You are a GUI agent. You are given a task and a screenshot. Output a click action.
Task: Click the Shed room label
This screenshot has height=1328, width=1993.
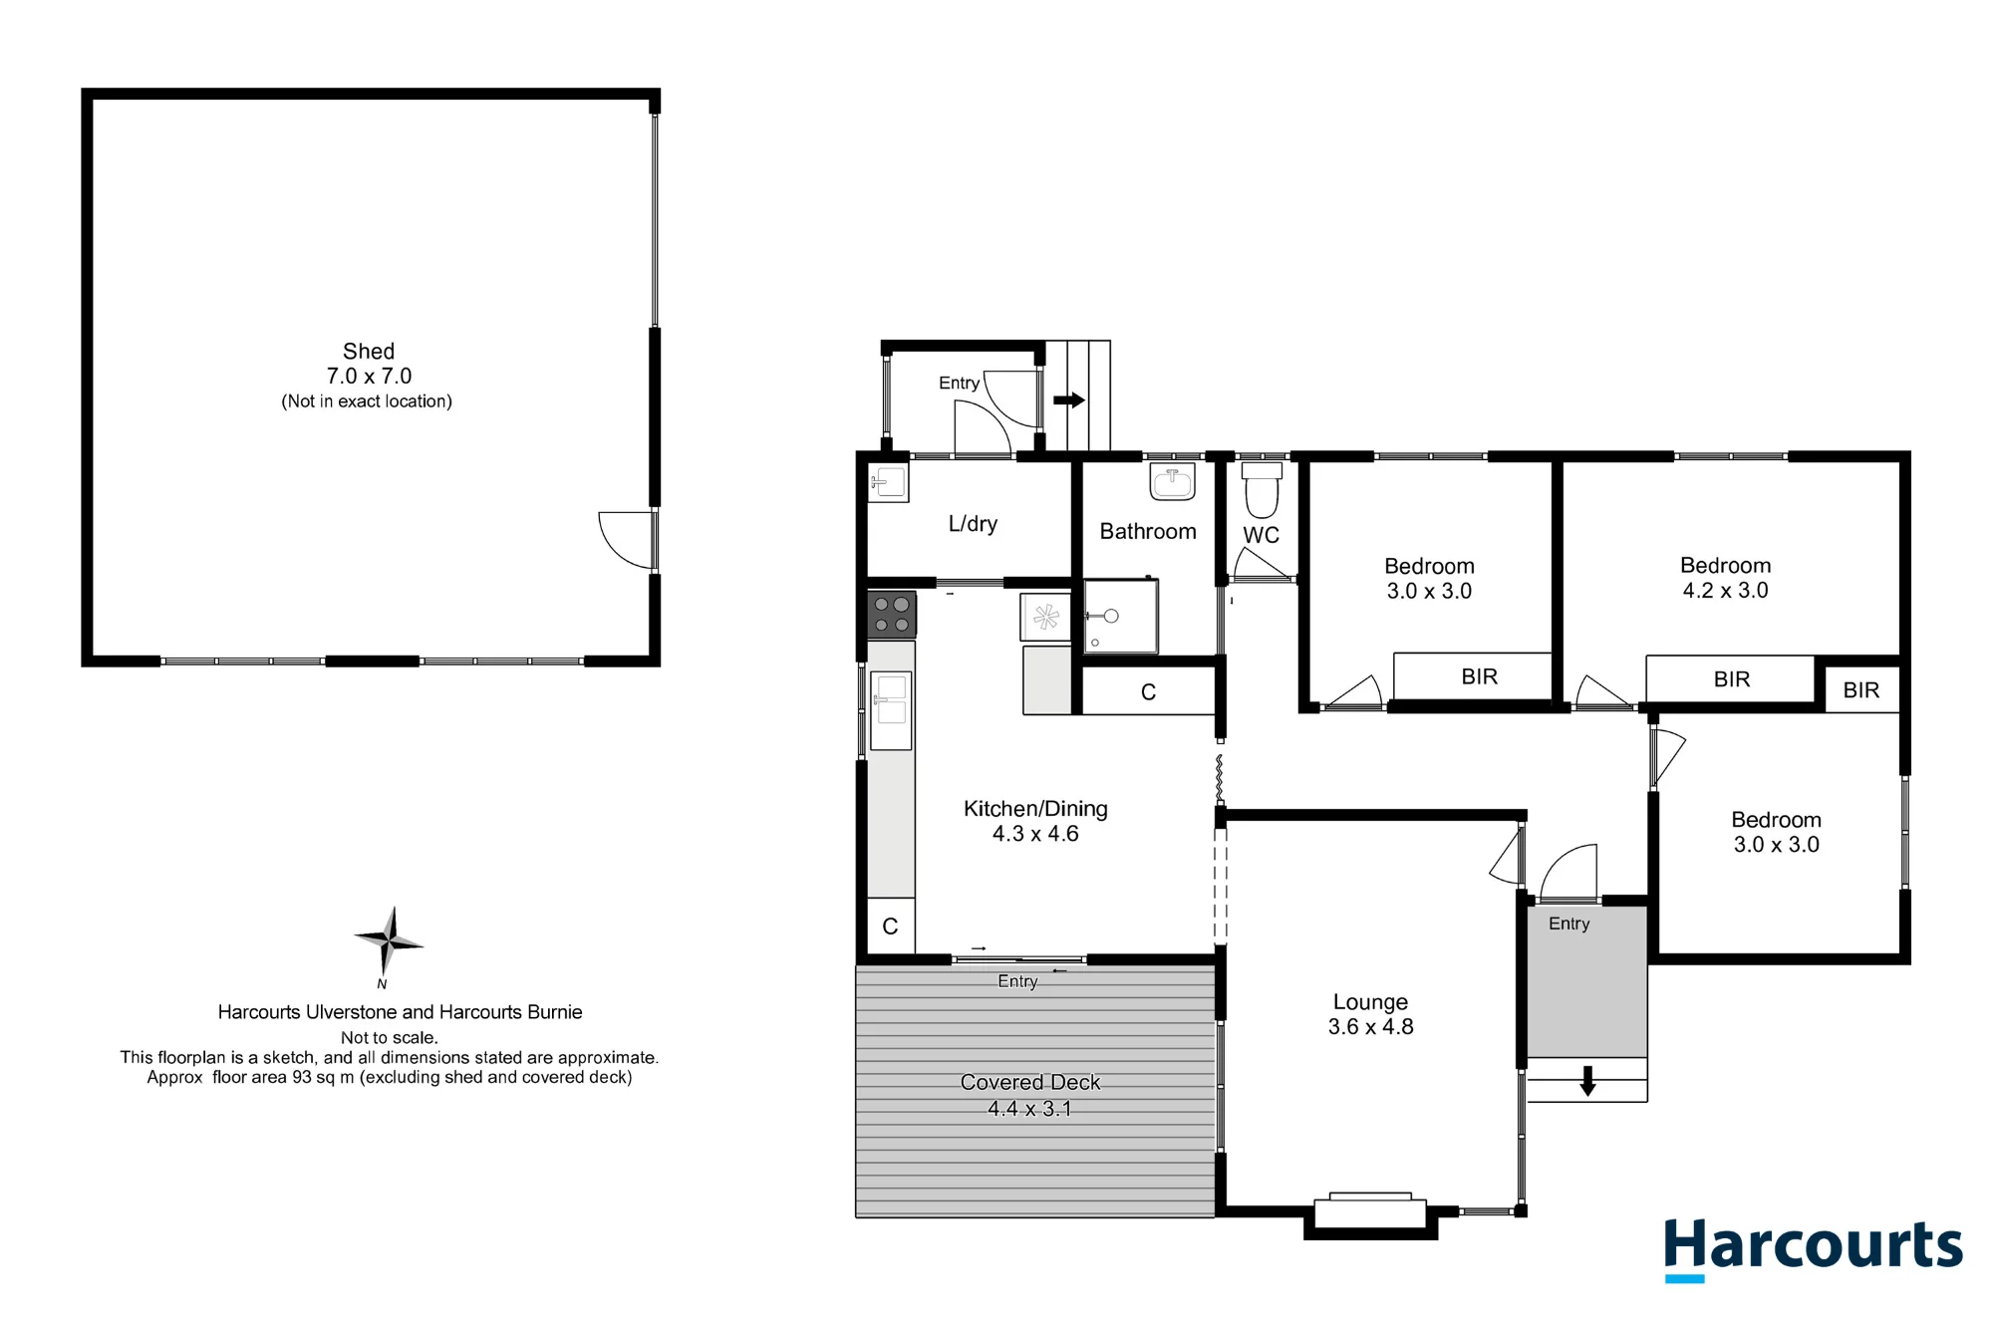coord(369,352)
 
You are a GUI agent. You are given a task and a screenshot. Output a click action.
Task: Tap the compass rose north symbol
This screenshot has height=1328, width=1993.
coord(389,941)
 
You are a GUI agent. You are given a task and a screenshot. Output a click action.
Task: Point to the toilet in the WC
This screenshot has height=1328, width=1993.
coord(1262,487)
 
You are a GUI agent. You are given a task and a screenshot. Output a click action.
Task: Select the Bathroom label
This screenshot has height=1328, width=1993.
coord(1148,531)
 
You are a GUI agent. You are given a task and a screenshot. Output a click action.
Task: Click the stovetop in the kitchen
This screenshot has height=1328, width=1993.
coord(891,615)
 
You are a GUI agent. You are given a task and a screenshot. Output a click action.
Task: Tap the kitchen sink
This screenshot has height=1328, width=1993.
coord(891,710)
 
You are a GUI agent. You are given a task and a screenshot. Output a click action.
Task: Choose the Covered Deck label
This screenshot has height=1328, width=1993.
coord(1030,1082)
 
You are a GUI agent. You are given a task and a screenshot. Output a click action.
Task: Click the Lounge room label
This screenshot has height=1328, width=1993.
coord(1370,1002)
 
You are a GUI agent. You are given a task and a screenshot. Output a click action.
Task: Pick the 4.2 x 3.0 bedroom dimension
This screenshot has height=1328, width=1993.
coord(1725,590)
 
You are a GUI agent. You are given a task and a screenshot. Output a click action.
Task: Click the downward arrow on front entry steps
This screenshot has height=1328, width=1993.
coord(1587,1081)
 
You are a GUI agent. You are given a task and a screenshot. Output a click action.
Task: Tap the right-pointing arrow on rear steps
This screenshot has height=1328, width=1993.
coord(1069,399)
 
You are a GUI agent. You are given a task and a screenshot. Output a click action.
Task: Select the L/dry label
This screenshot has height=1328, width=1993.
coord(973,524)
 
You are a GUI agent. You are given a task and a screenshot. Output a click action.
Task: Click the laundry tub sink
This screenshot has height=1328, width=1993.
coord(888,483)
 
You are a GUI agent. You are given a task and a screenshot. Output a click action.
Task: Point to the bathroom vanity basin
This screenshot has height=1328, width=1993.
coord(1172,482)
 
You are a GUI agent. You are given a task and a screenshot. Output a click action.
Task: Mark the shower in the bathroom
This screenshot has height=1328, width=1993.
coord(1121,616)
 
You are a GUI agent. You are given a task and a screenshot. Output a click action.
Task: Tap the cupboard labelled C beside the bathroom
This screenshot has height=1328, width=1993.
coord(1148,691)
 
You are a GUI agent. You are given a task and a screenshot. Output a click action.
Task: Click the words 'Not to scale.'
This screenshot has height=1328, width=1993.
coord(389,1037)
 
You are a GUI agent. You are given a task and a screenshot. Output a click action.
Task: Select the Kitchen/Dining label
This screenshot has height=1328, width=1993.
coord(1035,809)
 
